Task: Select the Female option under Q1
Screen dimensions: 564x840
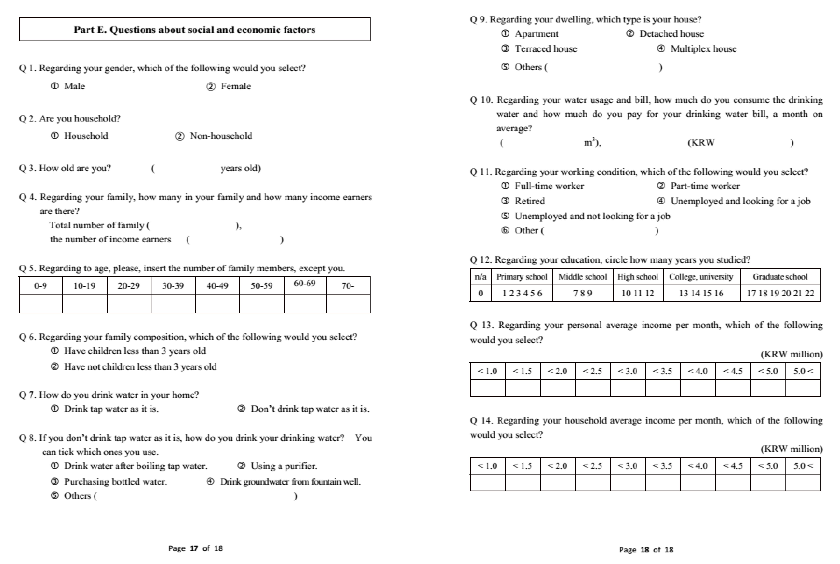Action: click(235, 86)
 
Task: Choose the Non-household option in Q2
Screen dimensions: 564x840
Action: click(220, 136)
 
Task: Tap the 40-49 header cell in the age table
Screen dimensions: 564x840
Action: click(217, 286)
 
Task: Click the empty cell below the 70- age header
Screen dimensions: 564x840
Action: click(348, 304)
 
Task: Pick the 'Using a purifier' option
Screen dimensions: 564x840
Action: click(283, 466)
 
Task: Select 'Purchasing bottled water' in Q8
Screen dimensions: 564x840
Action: click(115, 482)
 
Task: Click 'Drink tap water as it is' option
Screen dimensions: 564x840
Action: click(111, 409)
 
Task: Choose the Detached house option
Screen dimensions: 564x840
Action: click(671, 34)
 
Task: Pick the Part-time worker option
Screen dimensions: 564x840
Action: click(705, 186)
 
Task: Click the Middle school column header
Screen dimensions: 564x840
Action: click(582, 277)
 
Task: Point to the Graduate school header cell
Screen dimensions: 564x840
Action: click(780, 277)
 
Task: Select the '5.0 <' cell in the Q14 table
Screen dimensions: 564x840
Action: click(803, 466)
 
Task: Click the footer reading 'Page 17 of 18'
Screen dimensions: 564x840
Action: click(195, 548)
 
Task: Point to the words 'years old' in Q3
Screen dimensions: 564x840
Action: click(240, 168)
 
